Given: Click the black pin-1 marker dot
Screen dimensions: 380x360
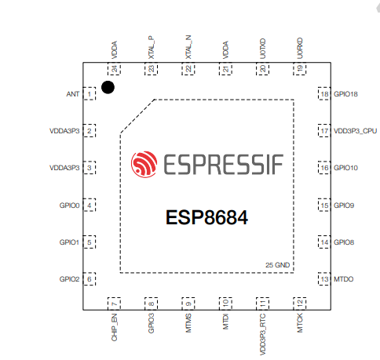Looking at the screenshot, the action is tap(108, 87).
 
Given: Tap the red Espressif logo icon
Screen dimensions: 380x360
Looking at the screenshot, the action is tap(144, 164).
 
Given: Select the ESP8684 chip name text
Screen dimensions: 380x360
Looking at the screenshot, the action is tap(206, 217).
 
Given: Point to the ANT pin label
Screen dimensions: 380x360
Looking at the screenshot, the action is tap(72, 94).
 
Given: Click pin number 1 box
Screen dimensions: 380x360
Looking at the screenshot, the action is tap(90, 93).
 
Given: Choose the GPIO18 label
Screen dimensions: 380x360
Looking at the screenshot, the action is tap(345, 94).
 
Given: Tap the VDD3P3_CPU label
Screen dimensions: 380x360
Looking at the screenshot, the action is tap(356, 131).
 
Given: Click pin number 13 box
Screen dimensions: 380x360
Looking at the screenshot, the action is tap(324, 279).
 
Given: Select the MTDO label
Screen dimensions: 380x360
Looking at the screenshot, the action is tap(344, 279).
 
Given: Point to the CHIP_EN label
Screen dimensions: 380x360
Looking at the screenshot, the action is tap(115, 327).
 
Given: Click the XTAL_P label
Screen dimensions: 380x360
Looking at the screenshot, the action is tap(152, 47).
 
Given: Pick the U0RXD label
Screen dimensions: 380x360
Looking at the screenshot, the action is tap(300, 49).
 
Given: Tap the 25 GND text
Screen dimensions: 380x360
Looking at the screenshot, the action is tap(278, 265).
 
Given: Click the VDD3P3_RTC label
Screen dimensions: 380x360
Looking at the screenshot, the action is tap(263, 334).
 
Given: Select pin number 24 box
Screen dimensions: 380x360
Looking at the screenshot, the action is tap(114, 69).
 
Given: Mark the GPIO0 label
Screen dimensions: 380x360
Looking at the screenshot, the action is tap(69, 205).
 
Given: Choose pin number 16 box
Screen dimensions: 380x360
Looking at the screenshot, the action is tap(324, 168).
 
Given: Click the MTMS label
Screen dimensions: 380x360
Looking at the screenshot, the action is tap(188, 323).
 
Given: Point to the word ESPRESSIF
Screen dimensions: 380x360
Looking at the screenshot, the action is tap(223, 165).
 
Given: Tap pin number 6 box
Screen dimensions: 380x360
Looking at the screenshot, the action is tap(90, 279).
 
